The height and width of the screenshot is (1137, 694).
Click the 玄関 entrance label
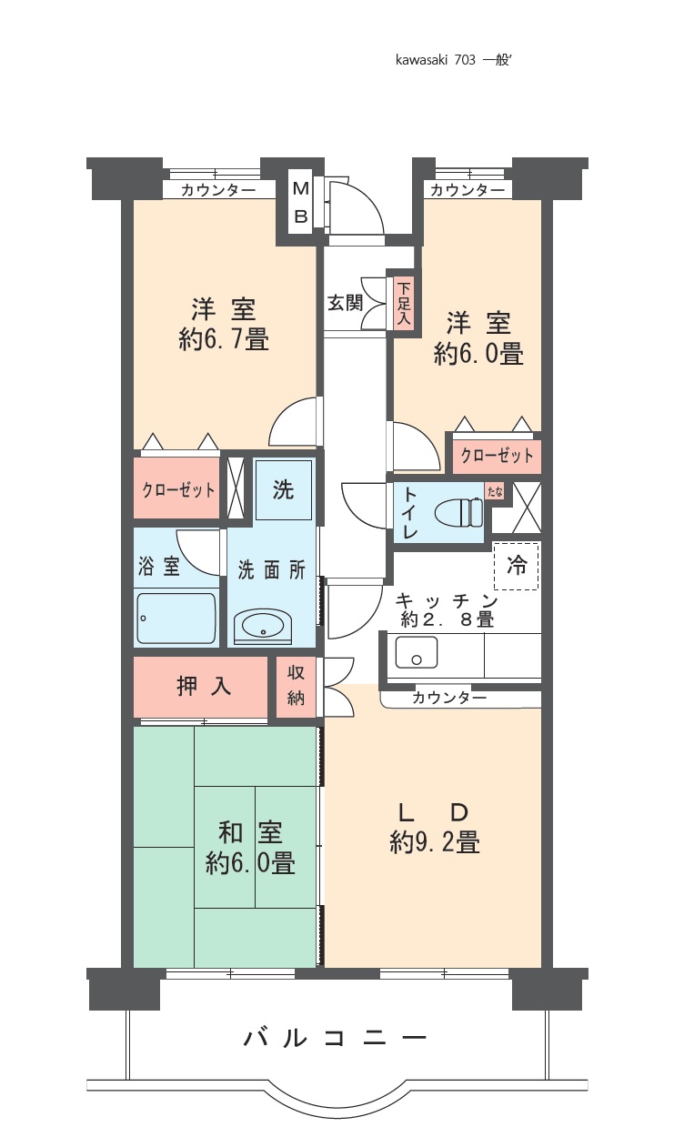point(344,303)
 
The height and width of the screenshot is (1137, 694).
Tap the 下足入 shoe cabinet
point(404,304)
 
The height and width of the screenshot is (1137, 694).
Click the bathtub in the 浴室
point(176,619)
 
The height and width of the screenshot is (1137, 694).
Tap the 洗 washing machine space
point(283,489)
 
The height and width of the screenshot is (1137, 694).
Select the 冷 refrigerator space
point(516,565)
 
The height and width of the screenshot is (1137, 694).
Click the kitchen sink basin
point(417,652)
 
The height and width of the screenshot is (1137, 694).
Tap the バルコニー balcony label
point(336,1037)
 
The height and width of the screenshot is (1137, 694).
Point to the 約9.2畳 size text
point(435,843)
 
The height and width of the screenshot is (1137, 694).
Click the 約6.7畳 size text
point(224,340)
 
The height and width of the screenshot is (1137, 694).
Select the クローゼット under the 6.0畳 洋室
point(497,455)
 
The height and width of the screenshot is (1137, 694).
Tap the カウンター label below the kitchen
point(448,698)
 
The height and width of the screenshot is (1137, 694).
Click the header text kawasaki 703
point(436,60)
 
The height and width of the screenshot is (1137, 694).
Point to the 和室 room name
point(250,831)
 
